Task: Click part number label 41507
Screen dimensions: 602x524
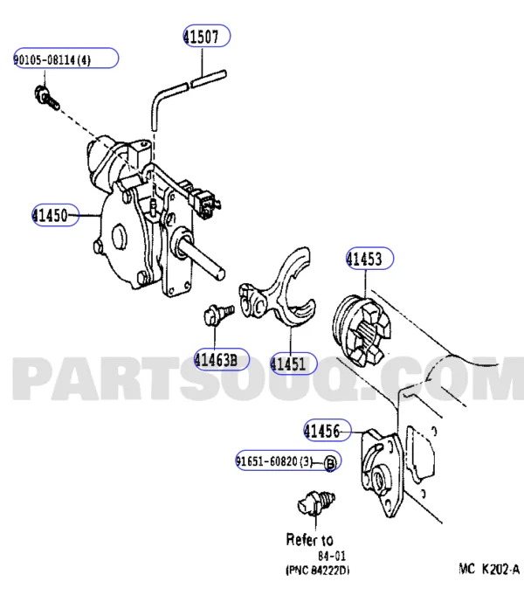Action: [x=206, y=36]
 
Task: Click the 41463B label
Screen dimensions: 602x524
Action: [x=221, y=358]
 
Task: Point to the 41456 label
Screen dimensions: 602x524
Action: [x=327, y=430]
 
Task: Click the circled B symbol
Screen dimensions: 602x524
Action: [x=331, y=462]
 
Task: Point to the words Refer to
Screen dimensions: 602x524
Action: [x=309, y=540]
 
